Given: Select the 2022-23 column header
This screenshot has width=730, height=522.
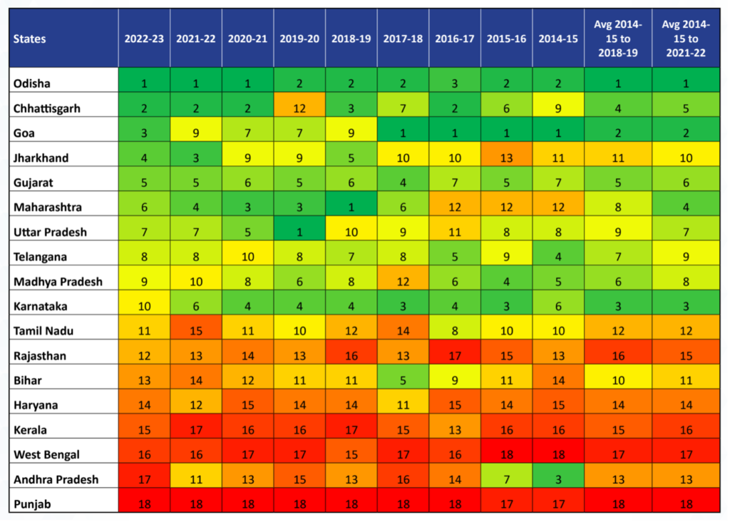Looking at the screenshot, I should pos(144,39).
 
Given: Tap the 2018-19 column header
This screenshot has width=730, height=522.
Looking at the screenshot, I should pos(351,39).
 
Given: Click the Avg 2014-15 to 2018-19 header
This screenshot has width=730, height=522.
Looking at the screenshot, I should pos(617,39).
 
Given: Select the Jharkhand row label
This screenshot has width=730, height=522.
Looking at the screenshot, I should pos(41,158).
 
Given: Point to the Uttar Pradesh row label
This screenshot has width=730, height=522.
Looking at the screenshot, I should pos(50,232).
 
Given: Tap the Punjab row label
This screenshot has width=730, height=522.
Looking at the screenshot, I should pos(32,503).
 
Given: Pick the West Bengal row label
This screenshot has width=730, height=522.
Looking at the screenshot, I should pos(46,454).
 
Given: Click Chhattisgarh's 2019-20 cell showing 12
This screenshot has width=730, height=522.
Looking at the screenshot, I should pos(299,108).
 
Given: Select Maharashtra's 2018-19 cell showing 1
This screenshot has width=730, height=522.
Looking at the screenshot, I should pos(351,207).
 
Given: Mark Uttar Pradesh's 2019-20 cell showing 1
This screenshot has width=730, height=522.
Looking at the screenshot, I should pos(299,232).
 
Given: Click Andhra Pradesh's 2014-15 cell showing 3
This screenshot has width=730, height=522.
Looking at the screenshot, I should pos(557,478).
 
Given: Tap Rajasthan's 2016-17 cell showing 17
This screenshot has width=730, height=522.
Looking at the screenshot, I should pos(454,355).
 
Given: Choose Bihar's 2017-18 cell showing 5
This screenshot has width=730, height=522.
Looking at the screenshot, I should pos(403,380).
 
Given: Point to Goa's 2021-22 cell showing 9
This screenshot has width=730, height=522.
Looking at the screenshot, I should pos(196,133).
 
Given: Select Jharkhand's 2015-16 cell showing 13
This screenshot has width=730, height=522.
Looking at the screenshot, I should pos(506,158).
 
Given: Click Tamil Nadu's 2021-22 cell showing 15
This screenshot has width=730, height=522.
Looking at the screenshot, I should pos(196,330).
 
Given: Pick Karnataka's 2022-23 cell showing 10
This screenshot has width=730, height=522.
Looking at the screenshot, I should pos(144,306).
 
